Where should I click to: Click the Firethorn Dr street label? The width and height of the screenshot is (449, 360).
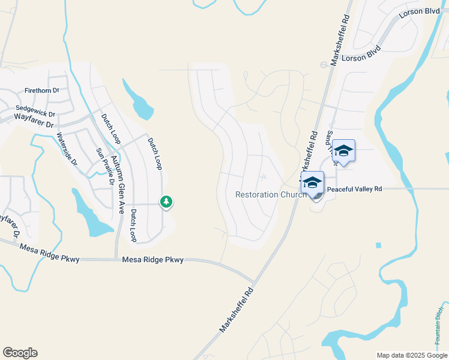coord(42,91)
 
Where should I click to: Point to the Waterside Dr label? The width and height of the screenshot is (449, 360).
coord(67,149)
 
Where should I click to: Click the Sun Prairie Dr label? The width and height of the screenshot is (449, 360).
coord(101,165)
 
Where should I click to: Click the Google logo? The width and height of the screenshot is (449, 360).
coord(20,353)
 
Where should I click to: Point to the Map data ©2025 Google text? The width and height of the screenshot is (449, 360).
coord(412,355)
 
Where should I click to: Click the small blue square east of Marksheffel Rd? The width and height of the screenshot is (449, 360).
coord(378,245)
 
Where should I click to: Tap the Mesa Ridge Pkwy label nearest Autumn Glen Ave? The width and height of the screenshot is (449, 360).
coord(152,260)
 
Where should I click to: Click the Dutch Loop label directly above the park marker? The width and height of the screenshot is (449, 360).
coord(155,152)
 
